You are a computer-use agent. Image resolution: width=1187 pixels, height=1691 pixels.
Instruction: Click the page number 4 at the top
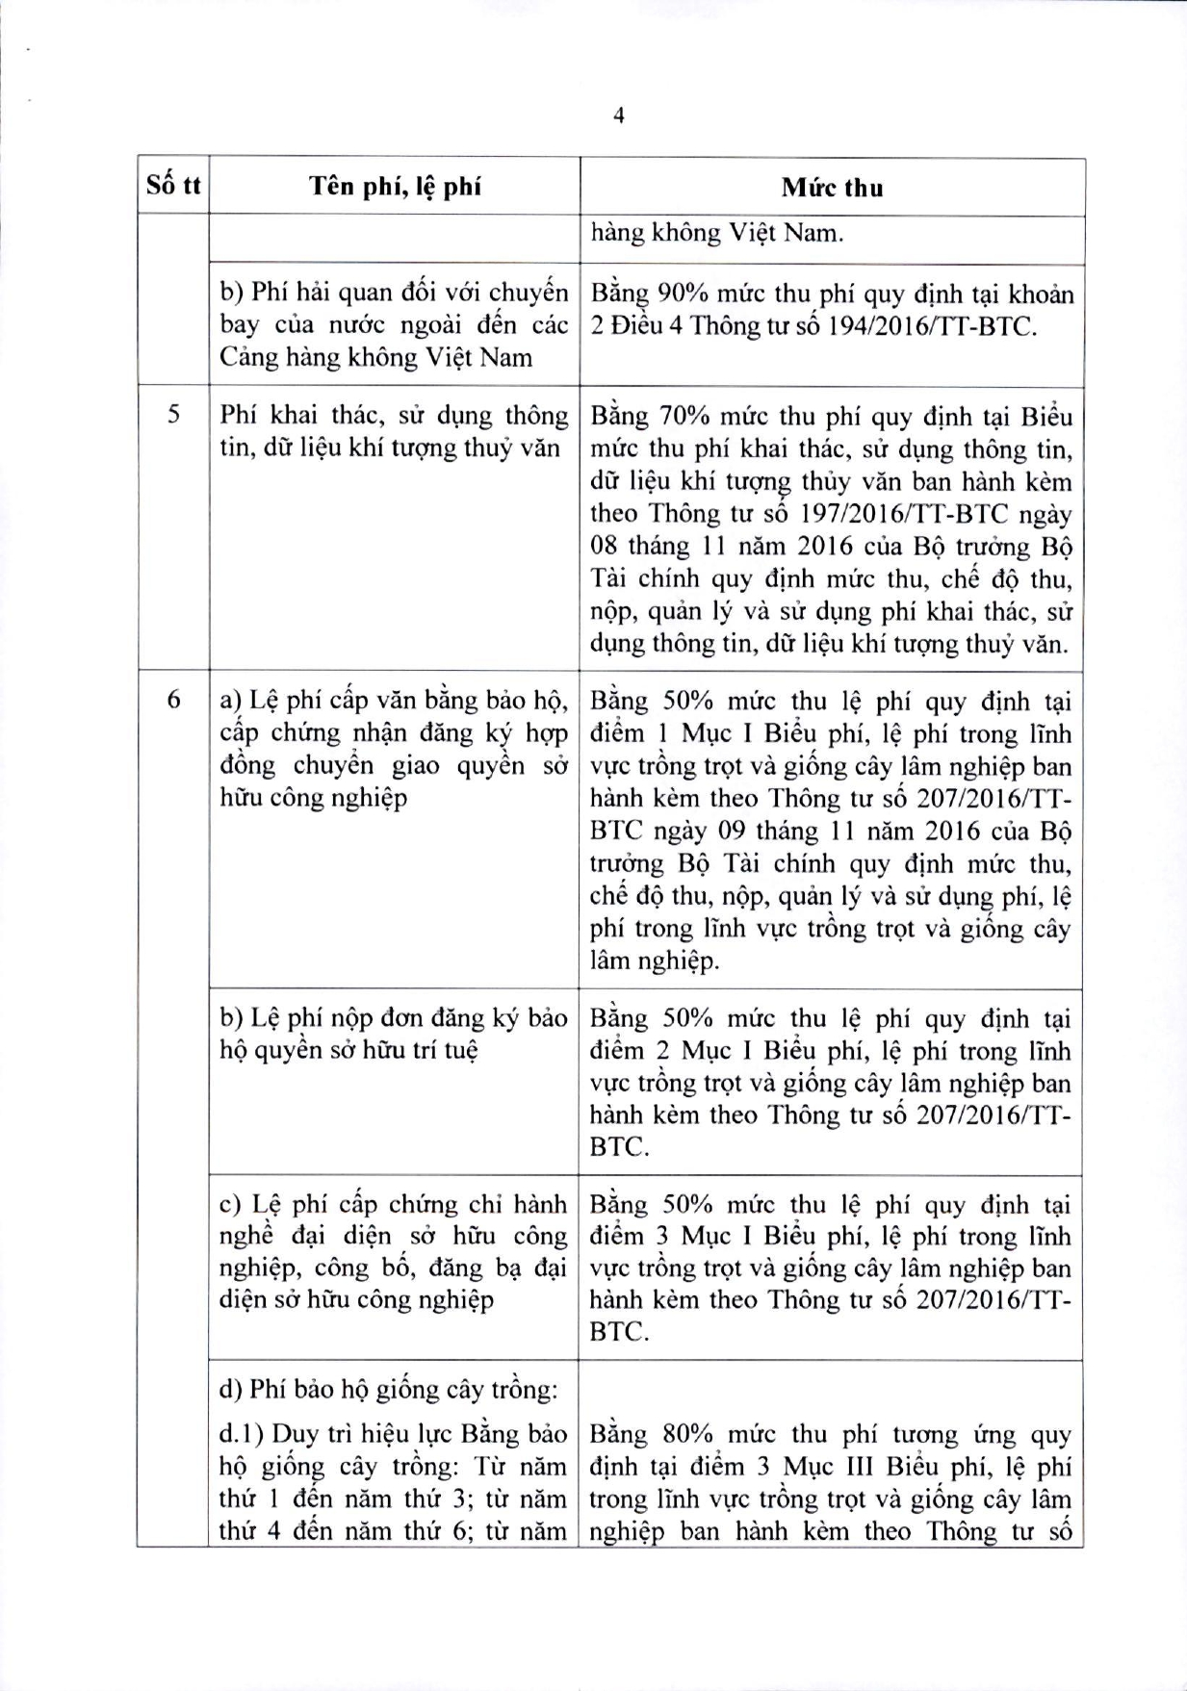click(618, 115)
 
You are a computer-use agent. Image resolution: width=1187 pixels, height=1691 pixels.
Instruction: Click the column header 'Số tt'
click(173, 186)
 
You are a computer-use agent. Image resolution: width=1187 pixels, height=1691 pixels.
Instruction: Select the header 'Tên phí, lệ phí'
click(395, 187)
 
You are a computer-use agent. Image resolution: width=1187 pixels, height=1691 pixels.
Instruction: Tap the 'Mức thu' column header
click(832, 188)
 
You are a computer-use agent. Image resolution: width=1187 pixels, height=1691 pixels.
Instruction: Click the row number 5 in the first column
click(173, 416)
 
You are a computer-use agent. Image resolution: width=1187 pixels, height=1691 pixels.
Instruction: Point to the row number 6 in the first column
click(173, 701)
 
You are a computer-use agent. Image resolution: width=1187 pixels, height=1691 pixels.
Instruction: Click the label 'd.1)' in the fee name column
click(242, 1434)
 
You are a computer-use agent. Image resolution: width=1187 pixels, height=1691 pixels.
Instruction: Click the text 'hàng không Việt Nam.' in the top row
click(716, 233)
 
